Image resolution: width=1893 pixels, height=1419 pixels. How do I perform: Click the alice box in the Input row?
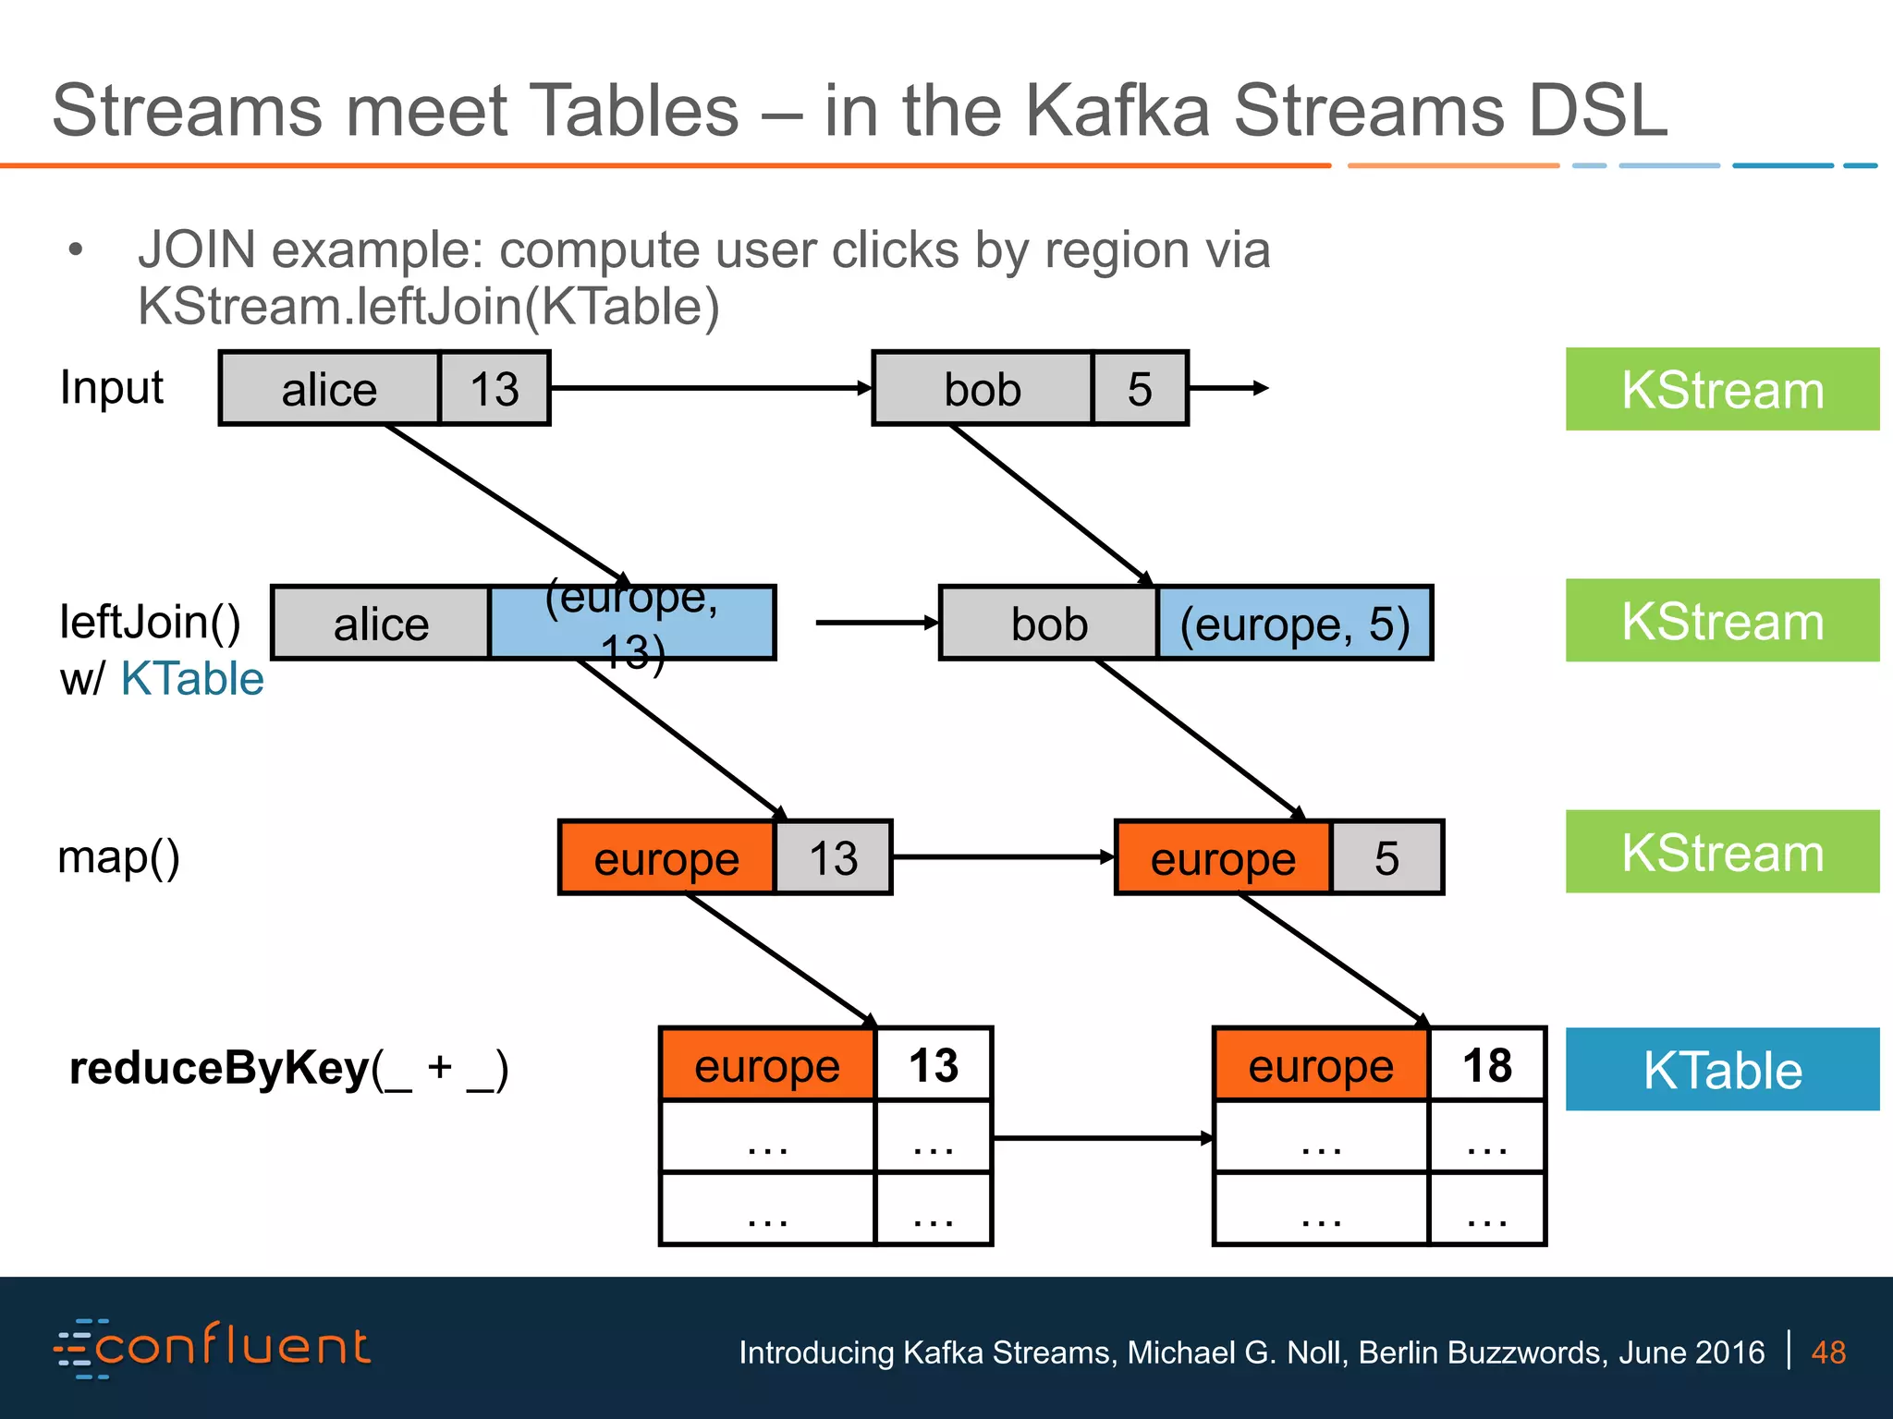tap(329, 388)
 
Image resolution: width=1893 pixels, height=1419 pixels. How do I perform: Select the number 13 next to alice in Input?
tap(495, 388)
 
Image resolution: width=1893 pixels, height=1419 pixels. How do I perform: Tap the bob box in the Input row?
tap(982, 388)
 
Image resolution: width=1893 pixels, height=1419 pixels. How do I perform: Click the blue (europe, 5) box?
tap(1294, 624)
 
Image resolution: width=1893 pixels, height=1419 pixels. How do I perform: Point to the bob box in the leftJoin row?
tap(1049, 624)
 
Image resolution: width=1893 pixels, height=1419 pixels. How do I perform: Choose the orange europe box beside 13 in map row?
tap(666, 858)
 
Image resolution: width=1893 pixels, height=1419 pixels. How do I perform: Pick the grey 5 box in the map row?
tap(1386, 858)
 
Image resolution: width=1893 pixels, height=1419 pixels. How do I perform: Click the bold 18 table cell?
tap(1486, 1065)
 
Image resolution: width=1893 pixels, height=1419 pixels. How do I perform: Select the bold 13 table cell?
tap(934, 1065)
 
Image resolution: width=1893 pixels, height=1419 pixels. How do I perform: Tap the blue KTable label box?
tap(1722, 1070)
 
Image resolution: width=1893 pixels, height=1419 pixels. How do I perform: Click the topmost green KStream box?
tap(1722, 389)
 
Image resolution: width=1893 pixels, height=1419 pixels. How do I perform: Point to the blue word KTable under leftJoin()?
tap(192, 679)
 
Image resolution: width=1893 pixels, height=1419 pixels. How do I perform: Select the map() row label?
tap(118, 856)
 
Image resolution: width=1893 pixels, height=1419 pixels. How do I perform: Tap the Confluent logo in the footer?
tap(213, 1348)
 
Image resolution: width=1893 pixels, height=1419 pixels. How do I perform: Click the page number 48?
tap(1828, 1352)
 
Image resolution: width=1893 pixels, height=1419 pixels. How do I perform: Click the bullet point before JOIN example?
tap(76, 249)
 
